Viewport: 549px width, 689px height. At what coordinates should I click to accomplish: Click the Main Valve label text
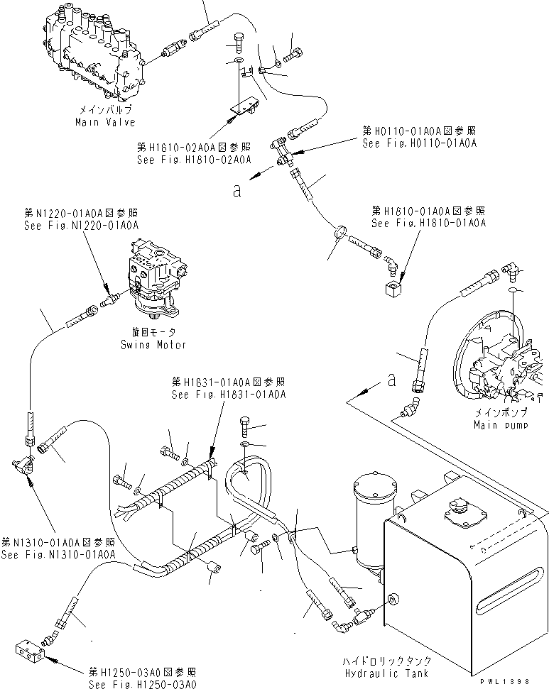tap(104, 122)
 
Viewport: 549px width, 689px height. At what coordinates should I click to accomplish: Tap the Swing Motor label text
tap(158, 345)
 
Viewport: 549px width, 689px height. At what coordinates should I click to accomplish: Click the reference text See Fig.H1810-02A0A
tap(194, 160)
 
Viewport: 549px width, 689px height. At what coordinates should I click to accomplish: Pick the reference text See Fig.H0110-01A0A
tap(418, 143)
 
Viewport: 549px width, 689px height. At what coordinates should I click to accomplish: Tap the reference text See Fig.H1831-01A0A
tap(227, 395)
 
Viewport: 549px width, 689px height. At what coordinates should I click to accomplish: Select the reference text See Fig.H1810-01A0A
tap(429, 223)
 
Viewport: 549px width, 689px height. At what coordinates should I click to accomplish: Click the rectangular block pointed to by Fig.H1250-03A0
tap(31, 651)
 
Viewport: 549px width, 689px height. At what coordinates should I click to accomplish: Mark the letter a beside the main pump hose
tap(391, 381)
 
